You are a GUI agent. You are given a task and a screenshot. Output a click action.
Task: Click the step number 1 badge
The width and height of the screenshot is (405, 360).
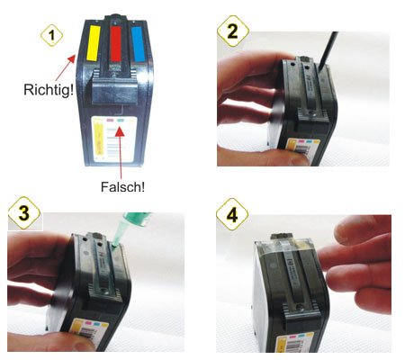pyautogui.click(x=51, y=35)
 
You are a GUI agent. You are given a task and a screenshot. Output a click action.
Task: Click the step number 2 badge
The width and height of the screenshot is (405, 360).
pyautogui.click(x=233, y=31)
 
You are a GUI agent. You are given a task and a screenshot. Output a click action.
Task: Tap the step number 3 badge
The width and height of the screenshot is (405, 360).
pyautogui.click(x=24, y=213)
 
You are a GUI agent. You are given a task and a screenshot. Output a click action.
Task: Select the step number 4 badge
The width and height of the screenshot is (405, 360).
pyautogui.click(x=232, y=214)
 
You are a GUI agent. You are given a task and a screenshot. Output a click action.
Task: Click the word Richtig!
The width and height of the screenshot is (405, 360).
pyautogui.click(x=49, y=90)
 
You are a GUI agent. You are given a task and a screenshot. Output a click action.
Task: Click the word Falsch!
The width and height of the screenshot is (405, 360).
pyautogui.click(x=122, y=187)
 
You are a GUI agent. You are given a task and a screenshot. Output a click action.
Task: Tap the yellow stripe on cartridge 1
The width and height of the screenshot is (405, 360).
pyautogui.click(x=93, y=43)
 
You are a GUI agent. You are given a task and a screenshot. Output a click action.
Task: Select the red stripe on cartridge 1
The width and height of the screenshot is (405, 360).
pyautogui.click(x=115, y=44)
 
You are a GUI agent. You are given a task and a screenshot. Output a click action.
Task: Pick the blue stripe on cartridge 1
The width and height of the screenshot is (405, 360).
pyautogui.click(x=138, y=44)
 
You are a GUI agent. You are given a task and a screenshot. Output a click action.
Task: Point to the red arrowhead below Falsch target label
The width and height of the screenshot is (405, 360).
pyautogui.click(x=120, y=131)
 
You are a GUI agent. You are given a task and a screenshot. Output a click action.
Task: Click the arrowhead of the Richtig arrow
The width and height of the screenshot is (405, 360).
pyautogui.click(x=72, y=58)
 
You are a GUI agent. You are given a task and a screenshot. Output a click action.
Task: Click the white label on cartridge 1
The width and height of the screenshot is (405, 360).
pyautogui.click(x=114, y=139)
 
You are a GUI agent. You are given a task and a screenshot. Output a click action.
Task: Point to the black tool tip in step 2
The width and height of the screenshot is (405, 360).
pyautogui.click(x=320, y=68)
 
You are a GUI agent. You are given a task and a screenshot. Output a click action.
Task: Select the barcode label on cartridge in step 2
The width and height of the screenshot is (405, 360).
pyautogui.click(x=302, y=147)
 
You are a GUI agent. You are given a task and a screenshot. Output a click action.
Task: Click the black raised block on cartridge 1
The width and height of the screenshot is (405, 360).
pyautogui.click(x=114, y=92)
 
